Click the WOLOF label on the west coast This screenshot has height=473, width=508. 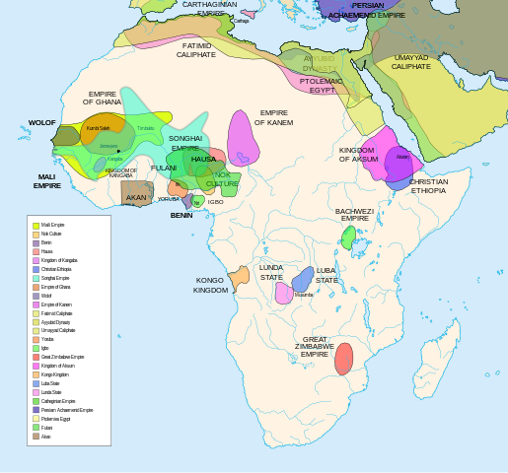tap(41, 123)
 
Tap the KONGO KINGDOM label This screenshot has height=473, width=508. tap(210, 285)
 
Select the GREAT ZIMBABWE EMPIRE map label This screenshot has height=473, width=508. tap(315, 346)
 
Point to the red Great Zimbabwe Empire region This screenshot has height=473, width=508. tap(343, 359)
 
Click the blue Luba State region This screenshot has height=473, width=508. tap(302, 279)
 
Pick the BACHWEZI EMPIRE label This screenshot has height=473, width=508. tap(354, 214)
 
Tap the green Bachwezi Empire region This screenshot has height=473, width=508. tap(348, 236)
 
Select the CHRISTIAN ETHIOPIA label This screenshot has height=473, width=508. tap(428, 185)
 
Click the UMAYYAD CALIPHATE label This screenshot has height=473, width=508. tap(410, 62)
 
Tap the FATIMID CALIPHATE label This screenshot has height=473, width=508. tap(196, 49)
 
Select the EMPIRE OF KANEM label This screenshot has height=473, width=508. tap(273, 117)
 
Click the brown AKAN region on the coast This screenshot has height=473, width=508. tap(136, 193)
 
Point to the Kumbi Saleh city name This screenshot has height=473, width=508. tap(98, 128)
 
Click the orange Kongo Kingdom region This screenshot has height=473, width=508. tap(238, 277)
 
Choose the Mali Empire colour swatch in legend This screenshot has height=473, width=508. tap(36, 226)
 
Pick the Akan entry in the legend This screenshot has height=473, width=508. tap(36, 436)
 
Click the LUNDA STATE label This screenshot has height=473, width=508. tap(271, 271)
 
